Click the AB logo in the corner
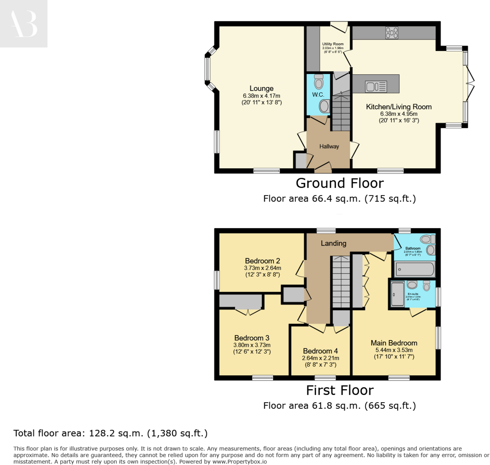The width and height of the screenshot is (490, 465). tap(24, 24)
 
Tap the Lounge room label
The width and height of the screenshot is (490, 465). tap(261, 89)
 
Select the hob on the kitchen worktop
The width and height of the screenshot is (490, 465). tap(392, 33)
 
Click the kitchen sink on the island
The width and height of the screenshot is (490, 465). tap(376, 86)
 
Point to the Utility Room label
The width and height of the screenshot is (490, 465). tap(333, 44)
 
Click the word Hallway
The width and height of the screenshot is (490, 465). tap(329, 146)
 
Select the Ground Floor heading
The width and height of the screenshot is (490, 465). tap(340, 183)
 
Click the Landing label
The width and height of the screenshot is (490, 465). tap(333, 243)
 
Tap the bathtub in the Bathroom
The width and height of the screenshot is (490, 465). tap(415, 269)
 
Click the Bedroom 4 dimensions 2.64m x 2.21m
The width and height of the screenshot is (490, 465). tap(320, 358)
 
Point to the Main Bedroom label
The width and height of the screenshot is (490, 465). tap(394, 343)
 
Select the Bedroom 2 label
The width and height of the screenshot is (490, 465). tap(262, 261)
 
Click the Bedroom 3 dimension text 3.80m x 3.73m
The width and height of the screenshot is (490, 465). tap(252, 345)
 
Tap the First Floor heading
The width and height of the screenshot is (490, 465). tap(340, 390)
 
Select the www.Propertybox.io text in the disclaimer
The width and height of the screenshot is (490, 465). tap(239, 462)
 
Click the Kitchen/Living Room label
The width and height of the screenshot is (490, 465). tap(399, 107)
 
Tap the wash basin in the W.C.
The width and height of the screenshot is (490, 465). tap(324, 107)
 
